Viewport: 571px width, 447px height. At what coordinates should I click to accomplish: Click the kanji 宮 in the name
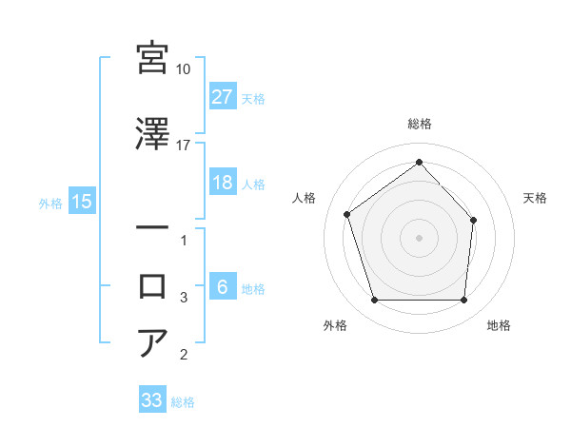[x=153, y=58]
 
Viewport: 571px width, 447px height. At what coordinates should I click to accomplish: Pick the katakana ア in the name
[x=153, y=342]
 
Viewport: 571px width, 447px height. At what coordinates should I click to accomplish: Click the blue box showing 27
[x=222, y=96]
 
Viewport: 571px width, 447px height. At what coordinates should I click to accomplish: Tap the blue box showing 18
[x=222, y=183]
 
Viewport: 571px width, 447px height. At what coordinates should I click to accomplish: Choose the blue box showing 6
[x=222, y=288]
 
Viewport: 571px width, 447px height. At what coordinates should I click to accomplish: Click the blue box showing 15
[x=82, y=202]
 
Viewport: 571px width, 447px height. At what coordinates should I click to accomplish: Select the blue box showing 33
[x=152, y=400]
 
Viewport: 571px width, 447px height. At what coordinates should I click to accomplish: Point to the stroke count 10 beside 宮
[x=184, y=69]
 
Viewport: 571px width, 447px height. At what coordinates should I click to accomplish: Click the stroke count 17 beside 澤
[x=184, y=145]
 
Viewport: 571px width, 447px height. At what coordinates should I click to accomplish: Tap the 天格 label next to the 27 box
[x=253, y=98]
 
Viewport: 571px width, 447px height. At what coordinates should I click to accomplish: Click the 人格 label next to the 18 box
[x=253, y=184]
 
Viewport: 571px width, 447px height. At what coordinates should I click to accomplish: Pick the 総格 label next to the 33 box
[x=183, y=402]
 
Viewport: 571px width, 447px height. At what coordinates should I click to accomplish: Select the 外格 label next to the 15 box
[x=50, y=203]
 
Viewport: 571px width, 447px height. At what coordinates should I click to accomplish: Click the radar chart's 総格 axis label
[x=419, y=124]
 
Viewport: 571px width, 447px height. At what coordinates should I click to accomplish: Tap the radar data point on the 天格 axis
[x=475, y=220]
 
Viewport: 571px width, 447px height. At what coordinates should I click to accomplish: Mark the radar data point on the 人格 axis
[x=347, y=214]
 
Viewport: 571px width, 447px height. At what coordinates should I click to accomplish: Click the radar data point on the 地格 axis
[x=463, y=301]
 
